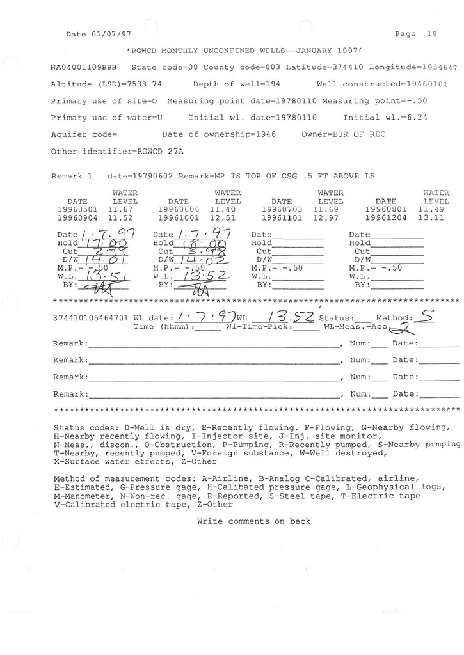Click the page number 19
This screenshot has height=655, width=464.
431,34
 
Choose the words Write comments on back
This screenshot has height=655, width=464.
253,521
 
